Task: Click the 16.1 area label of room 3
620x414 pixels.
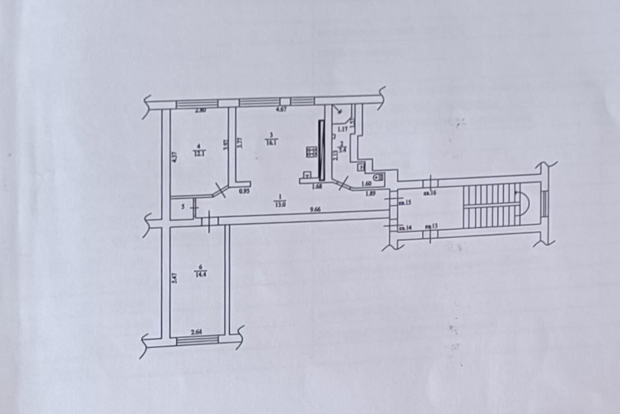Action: point(271,143)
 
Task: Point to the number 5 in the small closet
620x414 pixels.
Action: point(183,206)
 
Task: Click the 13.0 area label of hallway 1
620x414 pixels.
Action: point(280,204)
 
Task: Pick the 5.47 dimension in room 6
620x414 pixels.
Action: point(174,279)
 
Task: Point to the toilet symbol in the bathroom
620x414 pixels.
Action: point(377,176)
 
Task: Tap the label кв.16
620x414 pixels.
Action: point(430,192)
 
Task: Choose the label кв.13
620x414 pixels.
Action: point(431,227)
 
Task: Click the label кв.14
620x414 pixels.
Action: point(405,229)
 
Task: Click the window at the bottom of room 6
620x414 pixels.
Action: point(198,340)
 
